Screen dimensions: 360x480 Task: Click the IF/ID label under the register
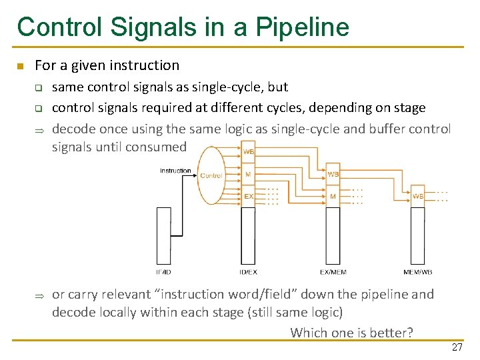[163, 272]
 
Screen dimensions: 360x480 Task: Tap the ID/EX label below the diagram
[248, 272]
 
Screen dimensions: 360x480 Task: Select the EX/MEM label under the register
[333, 272]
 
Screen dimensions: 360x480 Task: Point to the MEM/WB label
[417, 272]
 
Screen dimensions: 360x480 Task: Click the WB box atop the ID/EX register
[248, 152]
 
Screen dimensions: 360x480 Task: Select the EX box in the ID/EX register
[248, 196]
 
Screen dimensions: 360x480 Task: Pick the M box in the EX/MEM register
[333, 196]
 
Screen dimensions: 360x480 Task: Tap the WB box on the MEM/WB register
[417, 196]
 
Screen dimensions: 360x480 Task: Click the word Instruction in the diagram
[175, 171]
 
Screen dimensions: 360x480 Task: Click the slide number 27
[457, 347]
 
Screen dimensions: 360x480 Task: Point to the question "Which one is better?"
[351, 332]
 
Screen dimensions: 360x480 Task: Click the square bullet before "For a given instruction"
[21, 66]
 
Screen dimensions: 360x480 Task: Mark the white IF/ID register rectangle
[163, 236]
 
